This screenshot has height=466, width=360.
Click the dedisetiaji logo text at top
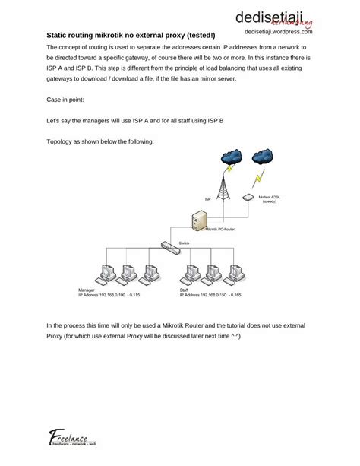pyautogui.click(x=278, y=17)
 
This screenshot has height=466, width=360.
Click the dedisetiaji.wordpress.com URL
pyautogui.click(x=279, y=33)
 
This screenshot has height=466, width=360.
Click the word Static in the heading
pyautogui.click(x=61, y=35)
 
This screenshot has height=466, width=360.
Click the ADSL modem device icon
pyautogui.click(x=247, y=197)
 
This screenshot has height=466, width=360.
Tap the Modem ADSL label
pyautogui.click(x=270, y=198)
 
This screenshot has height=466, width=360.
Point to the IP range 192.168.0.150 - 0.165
pyautogui.click(x=211, y=294)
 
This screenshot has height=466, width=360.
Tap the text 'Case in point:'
pyautogui.click(x=65, y=100)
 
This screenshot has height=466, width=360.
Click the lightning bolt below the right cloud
pyautogui.click(x=258, y=179)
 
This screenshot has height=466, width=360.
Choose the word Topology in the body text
pyautogui.click(x=62, y=141)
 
